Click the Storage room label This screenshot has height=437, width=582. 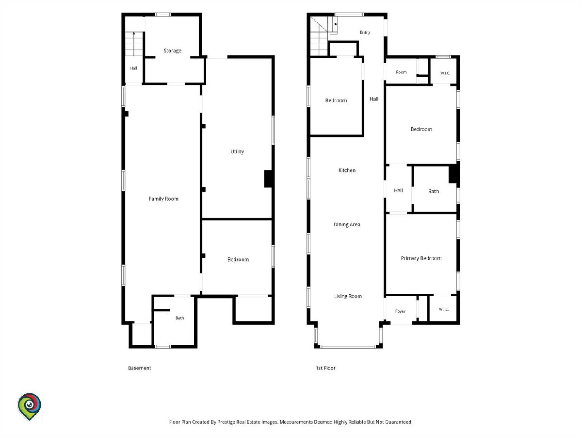point(172,50)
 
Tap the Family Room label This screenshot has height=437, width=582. point(163,199)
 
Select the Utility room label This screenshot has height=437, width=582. point(237,151)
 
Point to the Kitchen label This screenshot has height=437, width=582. point(347,170)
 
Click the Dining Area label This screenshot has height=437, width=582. point(347,224)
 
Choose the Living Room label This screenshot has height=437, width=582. point(348,296)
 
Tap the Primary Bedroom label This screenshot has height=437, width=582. point(421,258)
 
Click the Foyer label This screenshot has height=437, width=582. point(400,311)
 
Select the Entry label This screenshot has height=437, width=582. point(365,33)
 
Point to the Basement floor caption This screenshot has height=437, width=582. point(140,368)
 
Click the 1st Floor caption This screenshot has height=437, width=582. point(325,368)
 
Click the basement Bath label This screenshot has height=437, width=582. point(179,318)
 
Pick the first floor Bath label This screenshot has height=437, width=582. point(434,191)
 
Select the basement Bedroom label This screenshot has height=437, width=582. point(238,259)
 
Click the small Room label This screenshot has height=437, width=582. point(401,72)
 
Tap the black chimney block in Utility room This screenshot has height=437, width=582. point(268,179)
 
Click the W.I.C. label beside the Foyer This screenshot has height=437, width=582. point(444,309)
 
